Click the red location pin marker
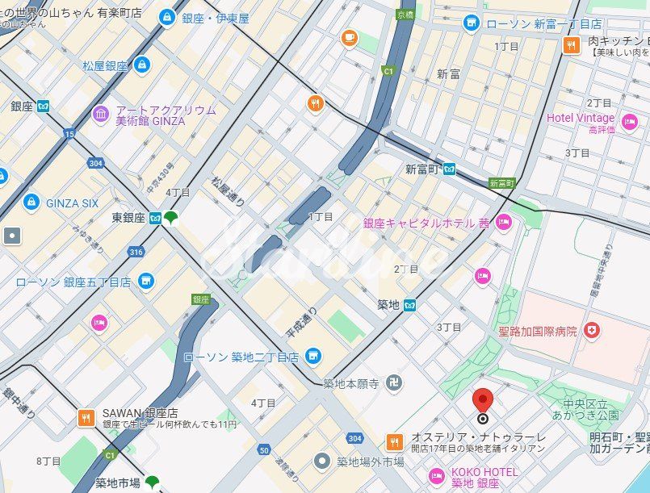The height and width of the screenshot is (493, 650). coord(483,401)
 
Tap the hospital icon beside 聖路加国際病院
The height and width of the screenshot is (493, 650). coord(592,330)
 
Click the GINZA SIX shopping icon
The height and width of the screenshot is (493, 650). coord(31,202)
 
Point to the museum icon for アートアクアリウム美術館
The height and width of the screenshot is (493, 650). coord(100,115)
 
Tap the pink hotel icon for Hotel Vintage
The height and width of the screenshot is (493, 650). coord(629,123)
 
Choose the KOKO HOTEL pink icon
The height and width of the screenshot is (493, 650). coord(437,476)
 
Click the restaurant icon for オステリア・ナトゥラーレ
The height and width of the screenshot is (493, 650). coord(394,441)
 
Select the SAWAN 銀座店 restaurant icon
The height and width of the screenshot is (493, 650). coord(86,417)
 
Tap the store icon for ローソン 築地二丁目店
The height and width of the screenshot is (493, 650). coord(312,356)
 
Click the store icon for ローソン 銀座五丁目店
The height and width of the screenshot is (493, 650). coord(145,281)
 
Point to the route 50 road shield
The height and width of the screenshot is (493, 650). coord(264,449)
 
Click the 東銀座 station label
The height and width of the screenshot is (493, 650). coord(128,218)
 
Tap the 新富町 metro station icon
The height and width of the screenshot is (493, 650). coord(449,169)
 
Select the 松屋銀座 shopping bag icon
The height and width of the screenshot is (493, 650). coord(142,65)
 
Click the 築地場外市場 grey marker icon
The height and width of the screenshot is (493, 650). coord(322,462)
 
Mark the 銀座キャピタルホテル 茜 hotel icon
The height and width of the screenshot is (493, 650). coord(504,222)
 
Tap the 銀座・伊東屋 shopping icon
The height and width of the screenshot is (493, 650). coord(167,16)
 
